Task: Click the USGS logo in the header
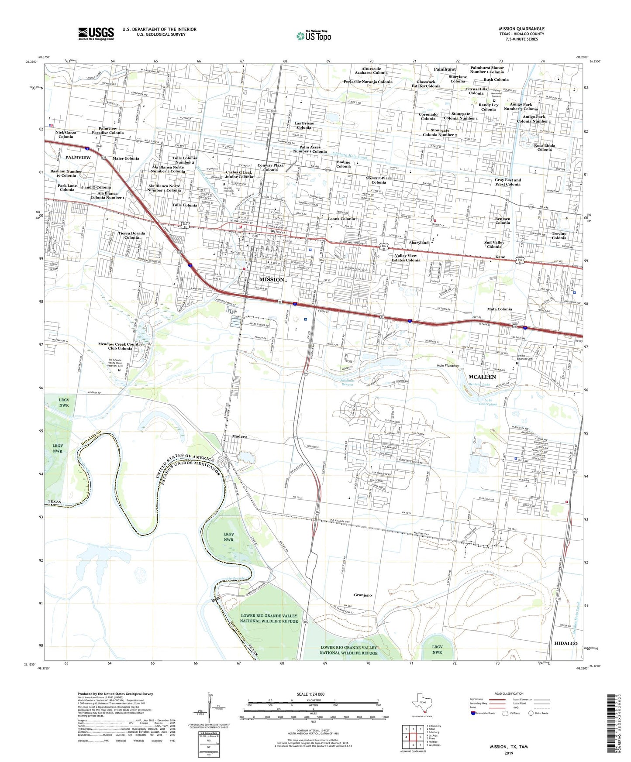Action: coord(96,33)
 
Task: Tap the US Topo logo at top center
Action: coord(314,36)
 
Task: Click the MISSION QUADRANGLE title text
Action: coord(521,29)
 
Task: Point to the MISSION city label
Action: coord(272,279)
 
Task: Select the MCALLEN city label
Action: coord(482,377)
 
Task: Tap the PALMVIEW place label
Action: coord(78,157)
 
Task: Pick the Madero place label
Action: coord(239,436)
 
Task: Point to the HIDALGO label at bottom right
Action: coord(565,643)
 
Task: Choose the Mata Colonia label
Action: coord(500,309)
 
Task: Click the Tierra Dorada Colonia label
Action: coord(131,235)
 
